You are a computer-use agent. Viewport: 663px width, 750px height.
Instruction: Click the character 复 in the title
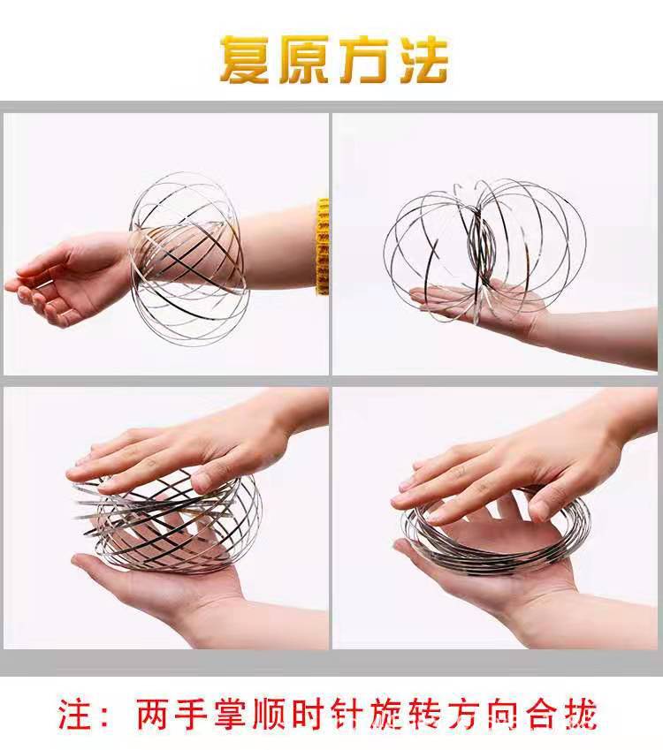247,60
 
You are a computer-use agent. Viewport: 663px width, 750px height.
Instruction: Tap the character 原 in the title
304,60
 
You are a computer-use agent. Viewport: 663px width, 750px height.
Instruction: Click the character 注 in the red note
76,713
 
